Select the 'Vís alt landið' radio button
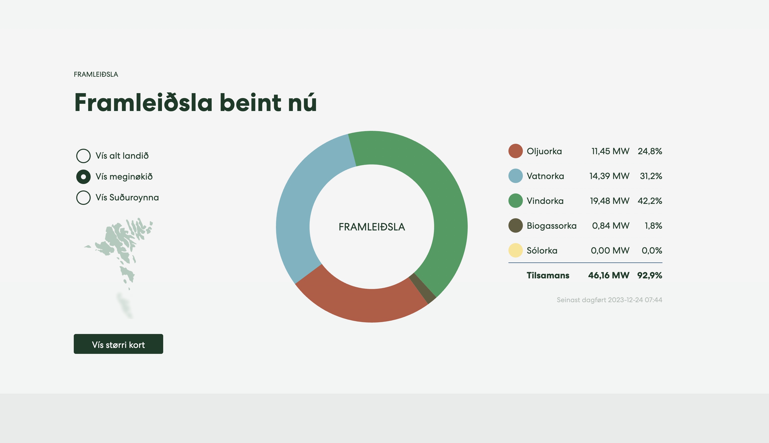[x=83, y=156]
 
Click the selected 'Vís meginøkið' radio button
[x=83, y=177]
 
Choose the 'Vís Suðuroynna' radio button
[x=83, y=197]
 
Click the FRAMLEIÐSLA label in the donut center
[x=372, y=227]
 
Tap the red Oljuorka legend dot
[x=515, y=151]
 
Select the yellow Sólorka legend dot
[x=515, y=250]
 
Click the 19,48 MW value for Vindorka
[x=609, y=201]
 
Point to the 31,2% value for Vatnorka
[x=651, y=176]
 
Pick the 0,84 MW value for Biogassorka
[x=611, y=226]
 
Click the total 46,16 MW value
[x=609, y=275]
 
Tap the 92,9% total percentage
[x=650, y=275]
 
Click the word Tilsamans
[x=548, y=275]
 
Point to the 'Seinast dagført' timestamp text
[x=609, y=300]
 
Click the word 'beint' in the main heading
[x=250, y=103]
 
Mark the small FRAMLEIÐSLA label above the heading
[x=96, y=74]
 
